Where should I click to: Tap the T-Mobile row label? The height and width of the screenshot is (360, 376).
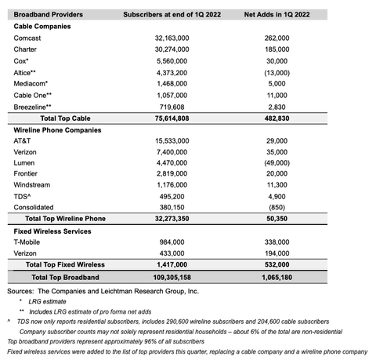(x=28, y=243)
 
